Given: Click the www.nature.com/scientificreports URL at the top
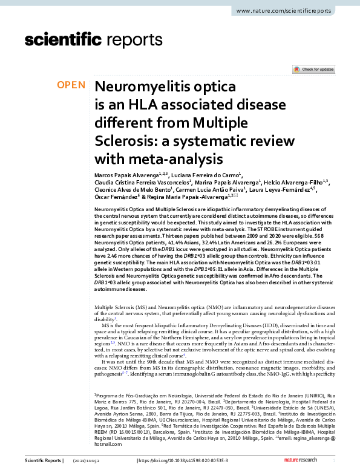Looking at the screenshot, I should tap(292, 11).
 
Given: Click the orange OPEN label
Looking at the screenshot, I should tap(71, 85).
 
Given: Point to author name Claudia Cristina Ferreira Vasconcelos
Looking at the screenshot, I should tap(143, 183).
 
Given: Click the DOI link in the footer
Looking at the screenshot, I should tap(187, 462).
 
